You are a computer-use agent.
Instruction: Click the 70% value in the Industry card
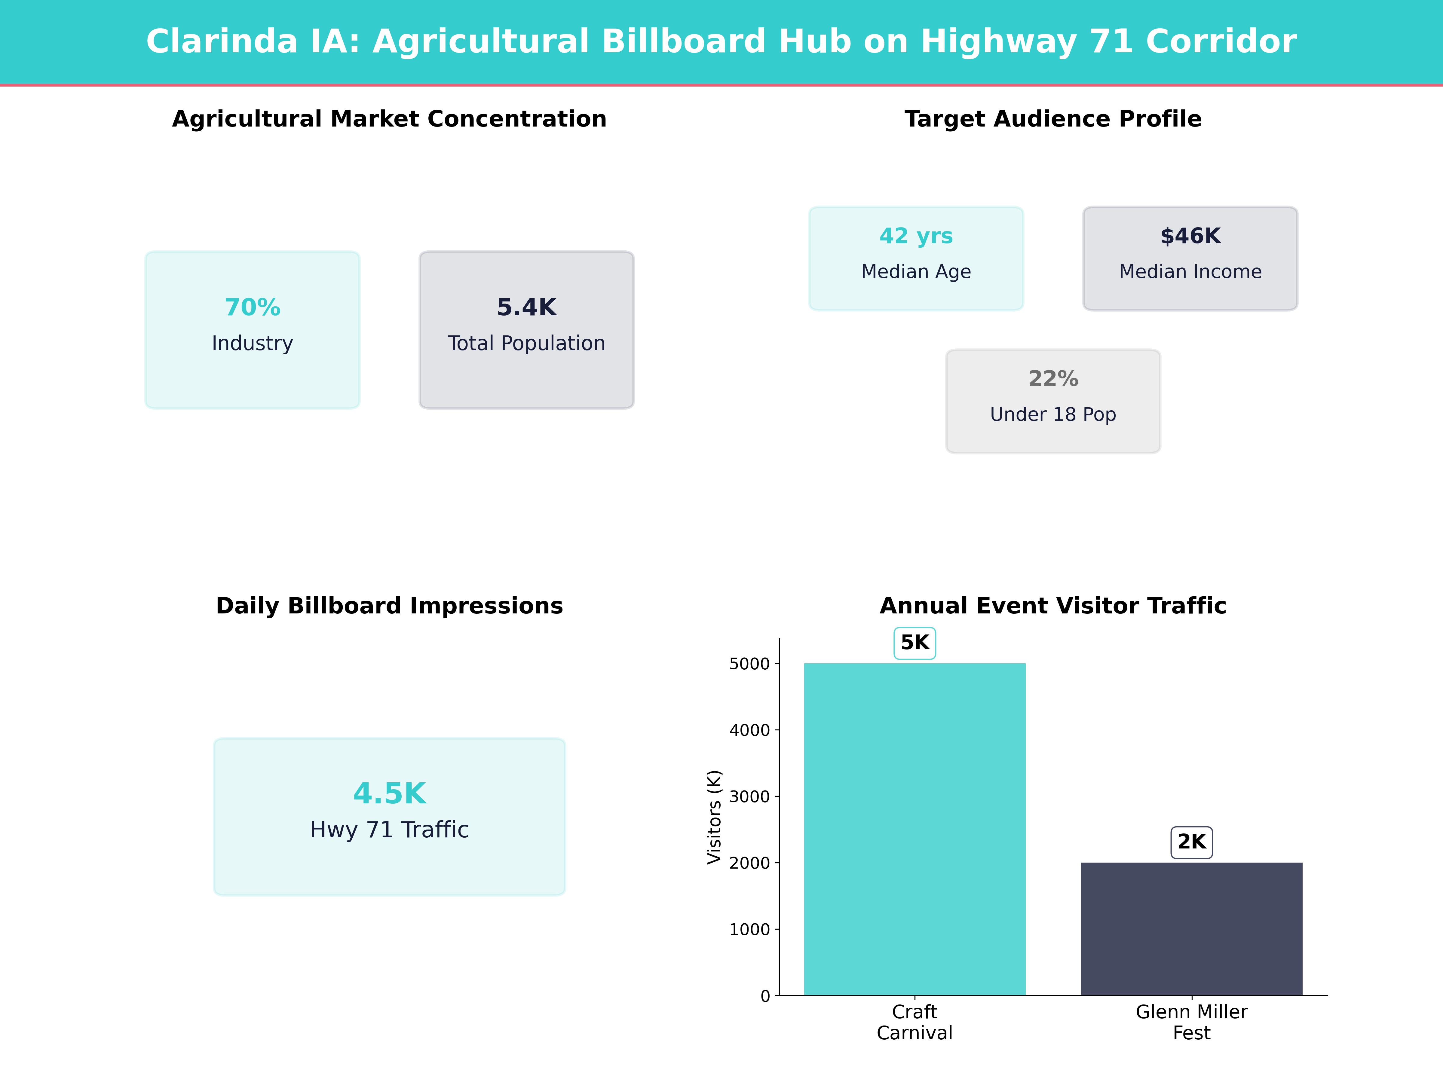253,307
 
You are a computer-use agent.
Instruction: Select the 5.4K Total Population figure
526,307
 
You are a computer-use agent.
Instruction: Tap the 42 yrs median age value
916,236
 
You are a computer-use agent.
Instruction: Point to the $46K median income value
1190,236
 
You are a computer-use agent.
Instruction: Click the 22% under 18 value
1053,378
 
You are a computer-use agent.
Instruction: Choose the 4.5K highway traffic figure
389,794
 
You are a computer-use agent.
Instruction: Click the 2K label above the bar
1191,842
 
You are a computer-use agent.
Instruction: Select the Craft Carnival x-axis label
915,1022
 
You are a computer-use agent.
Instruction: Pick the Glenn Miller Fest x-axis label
1191,1022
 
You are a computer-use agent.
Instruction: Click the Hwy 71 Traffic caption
389,830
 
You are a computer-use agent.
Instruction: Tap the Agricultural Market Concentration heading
389,119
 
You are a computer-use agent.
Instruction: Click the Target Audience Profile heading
1053,119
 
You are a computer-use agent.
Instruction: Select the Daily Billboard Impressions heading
389,606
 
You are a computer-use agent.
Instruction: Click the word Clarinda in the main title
222,42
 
